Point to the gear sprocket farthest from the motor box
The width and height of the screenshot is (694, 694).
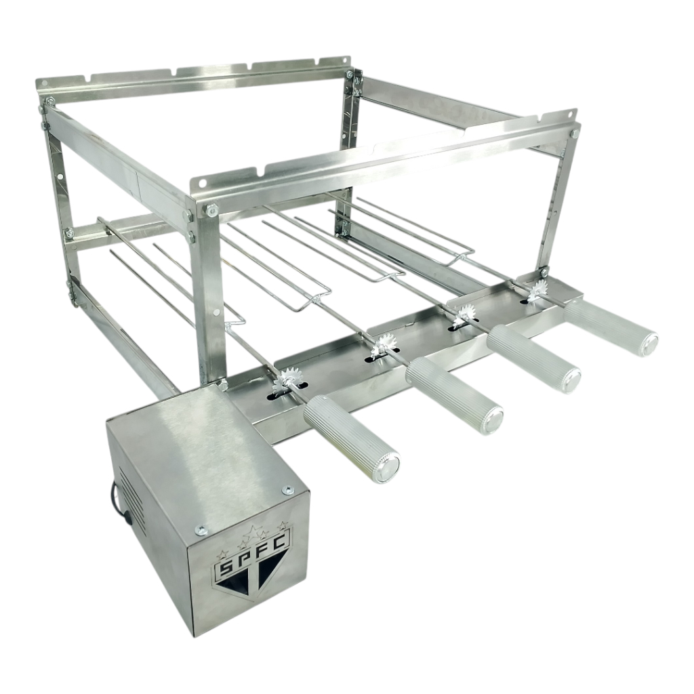click(x=539, y=289)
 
